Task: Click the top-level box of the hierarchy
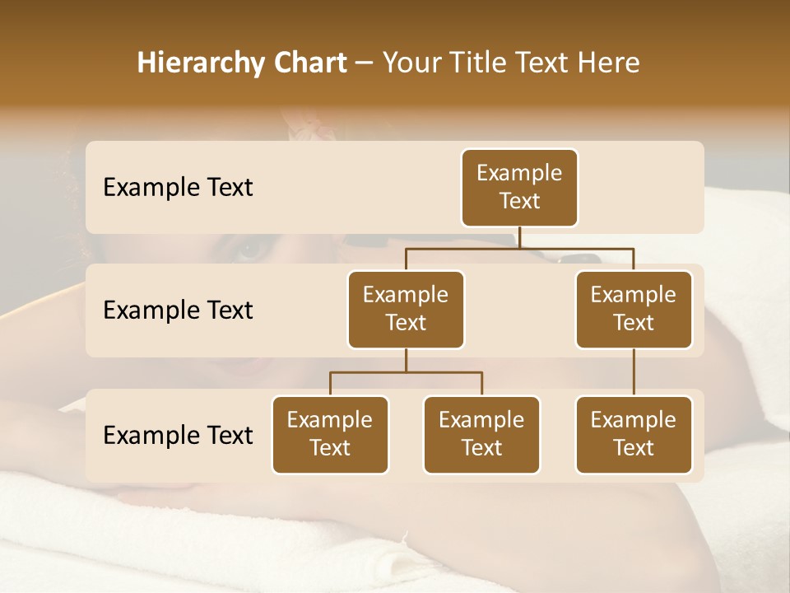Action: pyautogui.click(x=519, y=187)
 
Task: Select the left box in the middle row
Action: pyautogui.click(x=406, y=309)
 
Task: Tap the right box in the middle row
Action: pyautogui.click(x=634, y=309)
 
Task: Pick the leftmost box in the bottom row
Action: pyautogui.click(x=330, y=434)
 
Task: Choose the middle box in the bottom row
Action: pyautogui.click(x=481, y=434)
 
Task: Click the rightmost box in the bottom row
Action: pyautogui.click(x=634, y=434)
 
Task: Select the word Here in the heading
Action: pyautogui.click(x=609, y=63)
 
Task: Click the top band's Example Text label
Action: pyautogui.click(x=178, y=187)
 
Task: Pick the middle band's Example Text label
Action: pyautogui.click(x=178, y=310)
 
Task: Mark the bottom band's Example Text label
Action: pyautogui.click(x=178, y=435)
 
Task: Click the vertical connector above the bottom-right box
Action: pyautogui.click(x=634, y=371)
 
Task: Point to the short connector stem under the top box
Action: pyautogui.click(x=519, y=237)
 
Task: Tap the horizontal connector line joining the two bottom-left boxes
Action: pyautogui.click(x=406, y=372)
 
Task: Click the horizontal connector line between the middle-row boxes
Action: pyautogui.click(x=519, y=247)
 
